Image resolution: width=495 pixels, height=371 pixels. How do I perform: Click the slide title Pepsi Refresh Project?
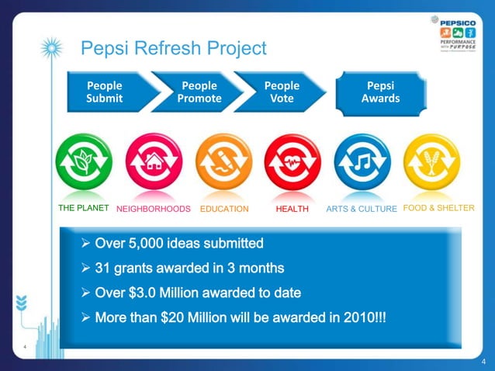pyautogui.click(x=173, y=49)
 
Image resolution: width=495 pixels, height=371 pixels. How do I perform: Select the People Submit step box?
pyautogui.click(x=105, y=92)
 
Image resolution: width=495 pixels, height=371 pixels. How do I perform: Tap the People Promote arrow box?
pyautogui.click(x=199, y=92)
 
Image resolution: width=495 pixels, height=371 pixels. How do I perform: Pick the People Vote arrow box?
pyautogui.click(x=282, y=92)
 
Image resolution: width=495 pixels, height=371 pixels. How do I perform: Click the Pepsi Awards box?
pyautogui.click(x=380, y=92)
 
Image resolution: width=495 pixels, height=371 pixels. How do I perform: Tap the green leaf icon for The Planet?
pyautogui.click(x=84, y=162)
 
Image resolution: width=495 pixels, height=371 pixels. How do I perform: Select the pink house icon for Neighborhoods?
pyautogui.click(x=154, y=162)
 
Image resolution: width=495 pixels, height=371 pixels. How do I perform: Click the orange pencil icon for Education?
pyautogui.click(x=223, y=162)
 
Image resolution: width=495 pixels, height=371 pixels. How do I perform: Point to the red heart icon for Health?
pyautogui.click(x=292, y=162)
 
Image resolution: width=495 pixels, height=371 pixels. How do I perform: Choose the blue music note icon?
pyautogui.click(x=362, y=162)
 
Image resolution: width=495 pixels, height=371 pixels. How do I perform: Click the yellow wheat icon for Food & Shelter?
pyautogui.click(x=431, y=162)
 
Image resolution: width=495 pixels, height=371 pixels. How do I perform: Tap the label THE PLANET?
pyautogui.click(x=84, y=208)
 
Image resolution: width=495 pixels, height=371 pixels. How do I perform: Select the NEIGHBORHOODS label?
pyautogui.click(x=154, y=209)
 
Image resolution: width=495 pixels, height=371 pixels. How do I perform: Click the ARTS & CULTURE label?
pyautogui.click(x=362, y=209)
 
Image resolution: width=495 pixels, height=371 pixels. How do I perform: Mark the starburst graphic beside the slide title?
pyautogui.click(x=51, y=48)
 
